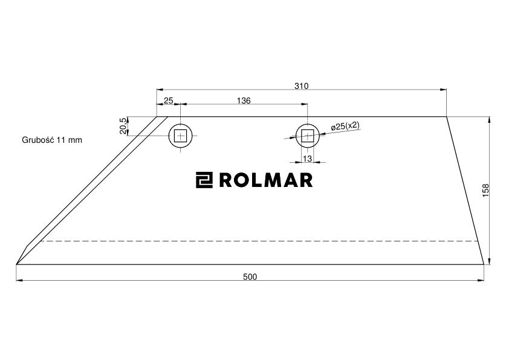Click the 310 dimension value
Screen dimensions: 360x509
point(301,86)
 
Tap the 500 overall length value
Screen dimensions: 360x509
point(250,277)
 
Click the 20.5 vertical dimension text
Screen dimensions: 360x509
point(123,126)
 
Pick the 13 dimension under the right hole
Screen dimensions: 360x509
point(307,159)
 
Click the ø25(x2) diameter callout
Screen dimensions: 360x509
point(346,125)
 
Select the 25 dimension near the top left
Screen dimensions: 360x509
point(168,100)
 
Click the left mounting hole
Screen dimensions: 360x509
point(181,136)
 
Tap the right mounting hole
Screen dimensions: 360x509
point(307,136)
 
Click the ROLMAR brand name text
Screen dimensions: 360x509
point(265,180)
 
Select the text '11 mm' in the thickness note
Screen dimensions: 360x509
point(70,140)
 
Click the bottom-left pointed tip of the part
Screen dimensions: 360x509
point(16,264)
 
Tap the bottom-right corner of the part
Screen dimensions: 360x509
point(484,264)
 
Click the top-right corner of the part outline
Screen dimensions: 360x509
point(446,117)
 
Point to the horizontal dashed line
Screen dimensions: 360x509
point(260,241)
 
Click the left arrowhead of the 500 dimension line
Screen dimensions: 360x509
point(19,280)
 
